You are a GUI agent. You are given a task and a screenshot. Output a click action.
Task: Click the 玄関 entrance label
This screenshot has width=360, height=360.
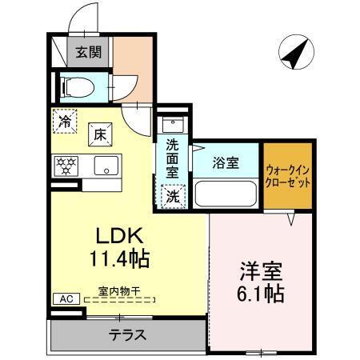point(88,54)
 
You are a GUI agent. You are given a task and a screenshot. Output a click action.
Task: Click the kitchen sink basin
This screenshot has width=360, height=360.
point(104,166)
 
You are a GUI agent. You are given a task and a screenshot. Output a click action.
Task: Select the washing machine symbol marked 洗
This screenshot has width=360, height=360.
point(172,194)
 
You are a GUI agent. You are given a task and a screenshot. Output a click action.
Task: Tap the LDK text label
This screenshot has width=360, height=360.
point(119,236)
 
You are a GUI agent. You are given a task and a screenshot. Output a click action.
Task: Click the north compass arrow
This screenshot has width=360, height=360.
point(294,54)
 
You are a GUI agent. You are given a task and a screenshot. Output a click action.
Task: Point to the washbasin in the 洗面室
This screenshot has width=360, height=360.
point(172,126)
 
